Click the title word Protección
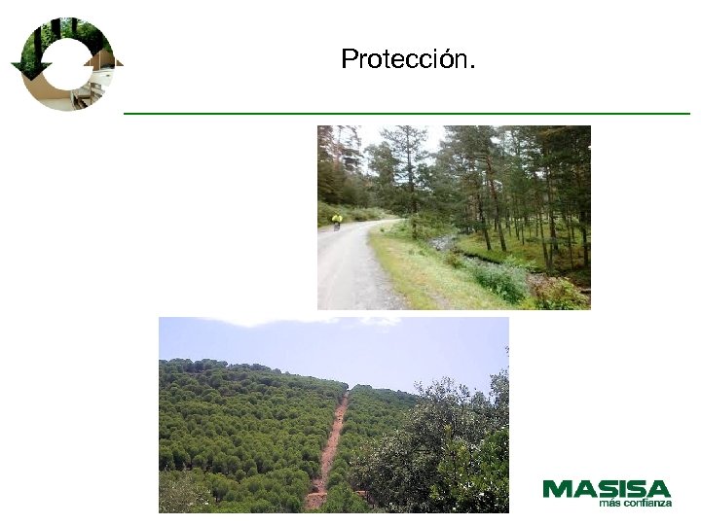click(408, 60)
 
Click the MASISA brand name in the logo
click(607, 488)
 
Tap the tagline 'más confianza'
click(635, 503)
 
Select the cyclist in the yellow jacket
click(337, 221)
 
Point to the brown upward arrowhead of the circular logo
click(103, 59)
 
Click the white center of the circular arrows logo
click(66, 64)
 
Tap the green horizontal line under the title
click(406, 114)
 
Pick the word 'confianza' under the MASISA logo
click(646, 503)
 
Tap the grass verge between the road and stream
click(419, 272)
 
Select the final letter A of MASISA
click(659, 488)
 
